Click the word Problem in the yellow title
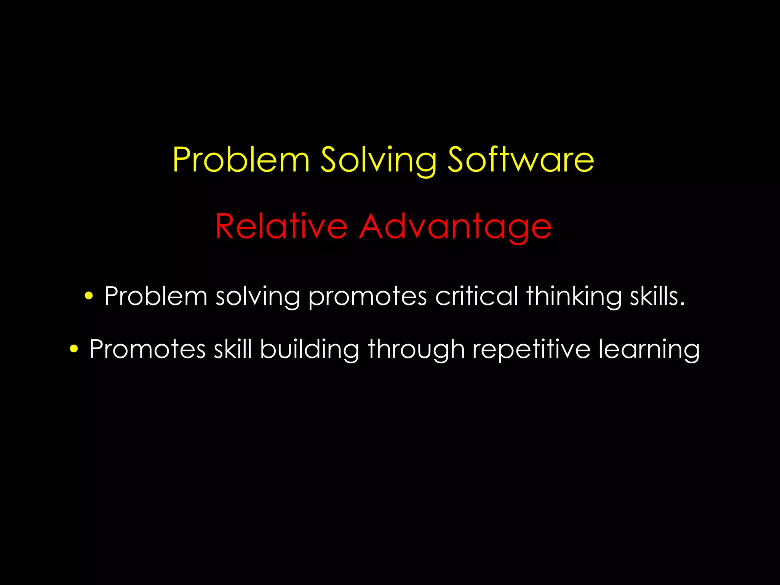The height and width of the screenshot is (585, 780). coord(241,160)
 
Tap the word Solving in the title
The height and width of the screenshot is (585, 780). coord(378,161)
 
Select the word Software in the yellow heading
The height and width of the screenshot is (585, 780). coord(520,160)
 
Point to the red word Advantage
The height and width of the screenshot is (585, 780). coord(455,227)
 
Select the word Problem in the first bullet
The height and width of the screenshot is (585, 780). coord(156,296)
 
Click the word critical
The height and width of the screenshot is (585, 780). coord(476,296)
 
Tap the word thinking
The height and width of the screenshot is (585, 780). coord(574,297)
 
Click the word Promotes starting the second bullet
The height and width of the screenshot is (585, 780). coord(147,349)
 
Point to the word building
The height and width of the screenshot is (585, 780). coord(309,349)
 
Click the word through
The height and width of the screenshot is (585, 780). coord(416,349)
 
